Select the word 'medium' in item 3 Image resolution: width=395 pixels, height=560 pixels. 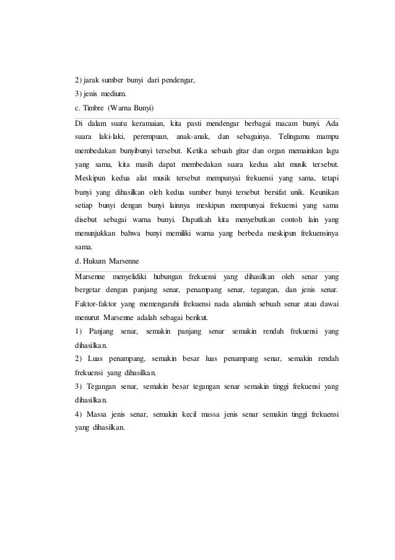tap(115, 94)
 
